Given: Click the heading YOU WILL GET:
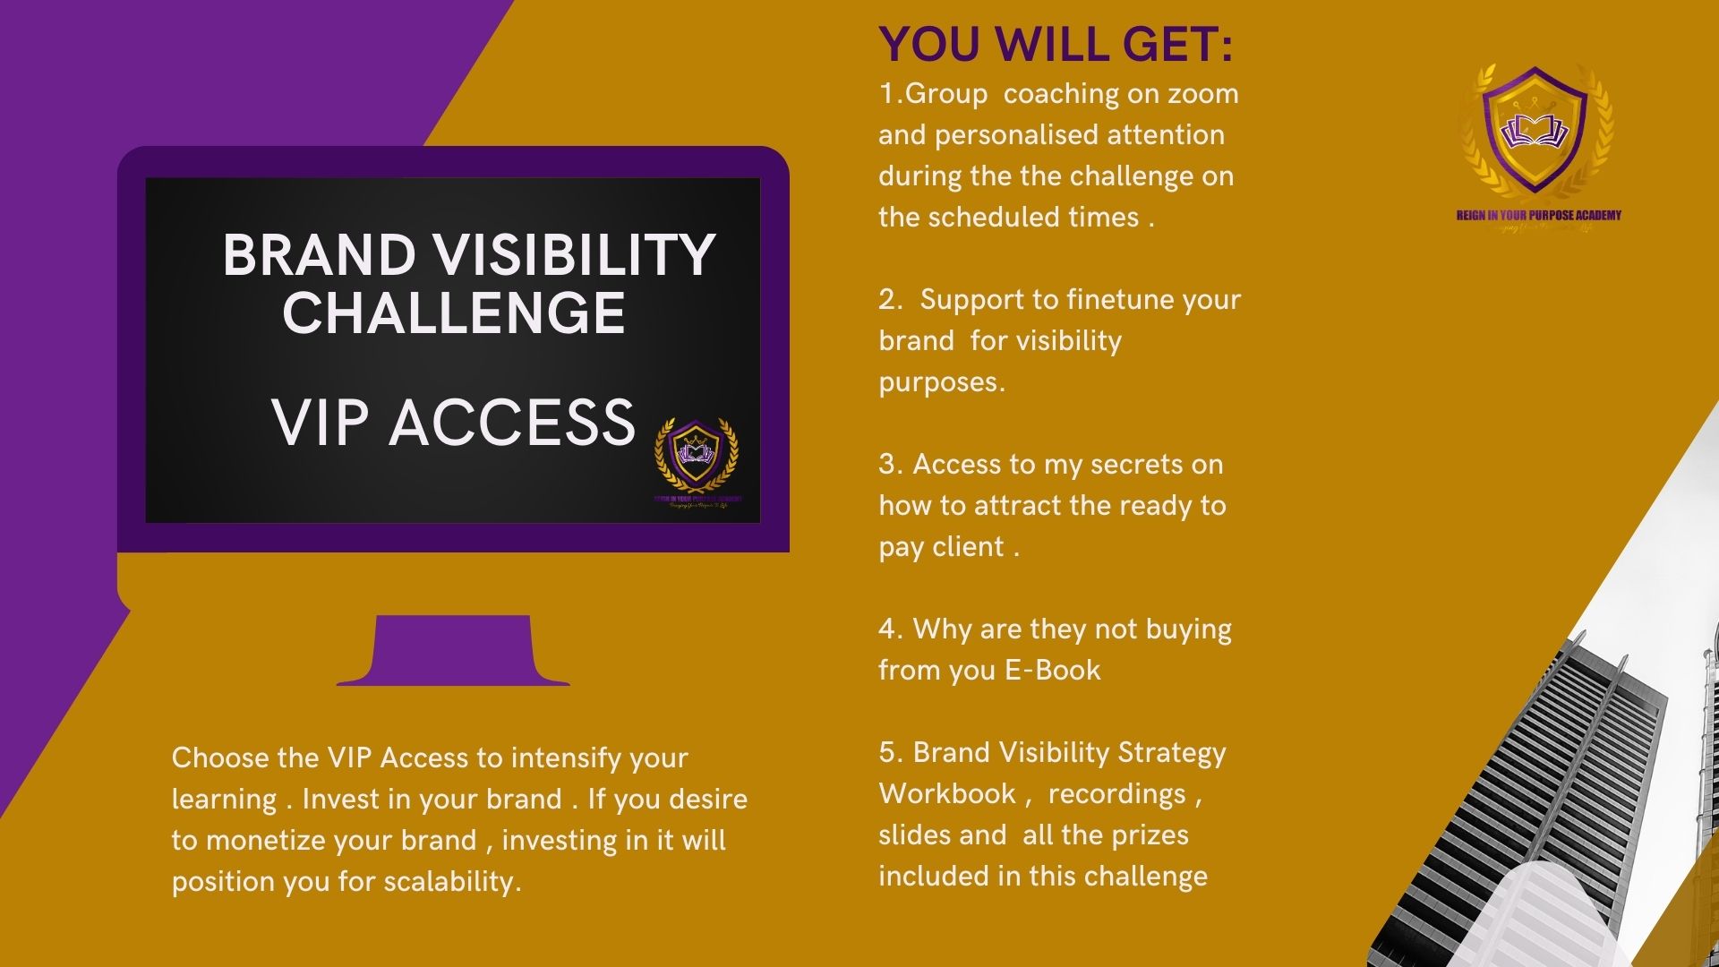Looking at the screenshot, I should click(x=1056, y=44).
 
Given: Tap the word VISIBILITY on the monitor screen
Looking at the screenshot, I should click(x=575, y=255).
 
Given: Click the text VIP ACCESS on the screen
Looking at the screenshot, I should click(x=453, y=423).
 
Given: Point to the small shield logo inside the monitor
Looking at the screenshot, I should click(x=697, y=455).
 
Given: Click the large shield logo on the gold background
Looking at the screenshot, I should click(x=1535, y=130).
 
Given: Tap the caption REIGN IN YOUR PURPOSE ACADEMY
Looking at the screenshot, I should click(x=1538, y=215).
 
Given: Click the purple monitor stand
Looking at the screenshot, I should click(x=453, y=651).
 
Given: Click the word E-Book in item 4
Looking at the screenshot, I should click(x=1052, y=671).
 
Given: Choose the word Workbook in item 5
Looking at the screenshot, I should click(x=947, y=794).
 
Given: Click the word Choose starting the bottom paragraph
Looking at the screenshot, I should click(x=220, y=758).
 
